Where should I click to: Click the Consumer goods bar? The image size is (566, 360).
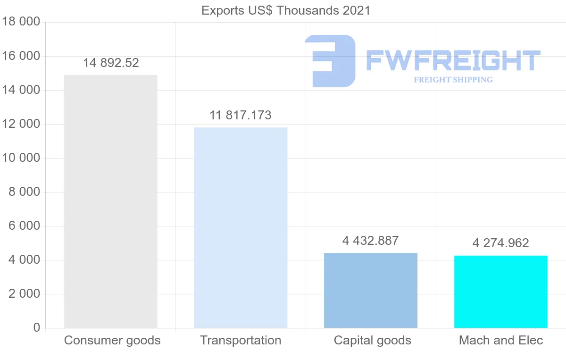click(110, 201)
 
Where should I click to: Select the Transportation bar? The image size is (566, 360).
click(241, 227)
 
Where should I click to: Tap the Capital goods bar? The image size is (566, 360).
click(371, 290)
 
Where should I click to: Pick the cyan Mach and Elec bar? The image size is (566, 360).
click(501, 292)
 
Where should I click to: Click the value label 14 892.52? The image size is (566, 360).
click(111, 63)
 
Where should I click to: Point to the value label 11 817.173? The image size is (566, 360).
click(241, 115)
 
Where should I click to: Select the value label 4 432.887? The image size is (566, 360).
click(371, 241)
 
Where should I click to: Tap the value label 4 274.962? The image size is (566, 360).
click(501, 243)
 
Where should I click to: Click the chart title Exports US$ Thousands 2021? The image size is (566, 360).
click(286, 10)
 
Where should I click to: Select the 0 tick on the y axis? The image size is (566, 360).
click(37, 328)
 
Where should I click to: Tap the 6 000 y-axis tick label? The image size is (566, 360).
click(24, 226)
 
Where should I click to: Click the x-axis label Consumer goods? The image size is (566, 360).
click(112, 340)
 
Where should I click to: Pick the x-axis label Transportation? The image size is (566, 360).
click(241, 340)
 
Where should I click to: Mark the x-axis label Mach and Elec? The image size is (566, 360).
click(501, 340)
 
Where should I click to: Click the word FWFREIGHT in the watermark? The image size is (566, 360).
click(453, 61)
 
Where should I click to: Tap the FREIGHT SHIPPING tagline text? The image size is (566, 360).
click(453, 80)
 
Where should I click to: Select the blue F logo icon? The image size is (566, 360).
click(330, 61)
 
